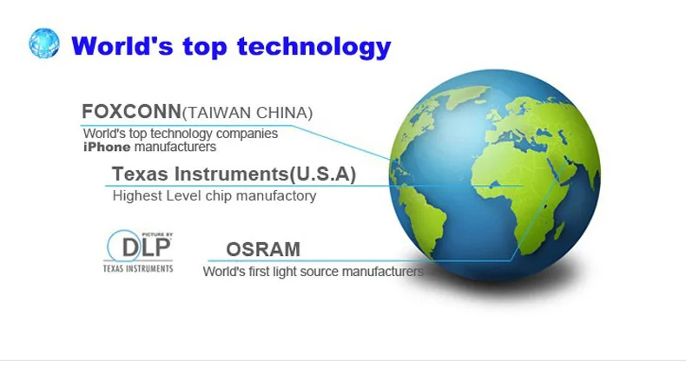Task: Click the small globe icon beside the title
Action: point(44,43)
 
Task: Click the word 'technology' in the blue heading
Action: point(314,47)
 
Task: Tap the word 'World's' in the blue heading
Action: point(122,45)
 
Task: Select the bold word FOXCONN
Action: point(131,112)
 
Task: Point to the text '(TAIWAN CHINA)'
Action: point(247,113)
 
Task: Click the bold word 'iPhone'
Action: point(107,147)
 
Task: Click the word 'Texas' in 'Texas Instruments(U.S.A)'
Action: point(140,174)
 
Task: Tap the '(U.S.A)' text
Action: point(322,175)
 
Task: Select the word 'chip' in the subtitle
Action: point(217,196)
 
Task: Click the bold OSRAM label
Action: point(263,249)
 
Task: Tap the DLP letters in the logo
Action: point(146,247)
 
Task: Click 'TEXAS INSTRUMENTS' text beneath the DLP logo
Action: point(138,268)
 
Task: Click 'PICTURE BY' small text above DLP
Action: point(157,234)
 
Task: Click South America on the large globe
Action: point(420,219)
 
